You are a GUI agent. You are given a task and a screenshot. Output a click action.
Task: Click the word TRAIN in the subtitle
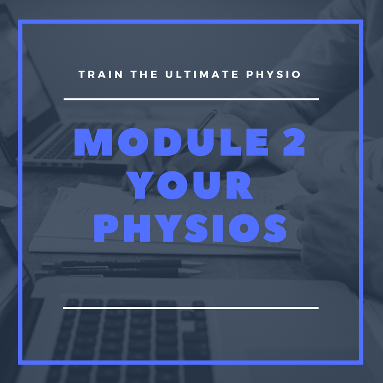coord(101,74)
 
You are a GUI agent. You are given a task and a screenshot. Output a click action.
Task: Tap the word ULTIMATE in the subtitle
coord(202,74)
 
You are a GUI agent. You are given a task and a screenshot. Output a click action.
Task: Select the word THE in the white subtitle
coord(144,74)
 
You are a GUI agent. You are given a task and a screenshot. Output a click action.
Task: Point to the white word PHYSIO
coord(273,74)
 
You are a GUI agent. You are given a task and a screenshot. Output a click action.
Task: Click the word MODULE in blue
coord(171,142)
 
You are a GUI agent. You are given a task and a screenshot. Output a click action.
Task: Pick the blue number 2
coord(294,142)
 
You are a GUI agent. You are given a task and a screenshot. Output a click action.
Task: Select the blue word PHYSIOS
coord(191,228)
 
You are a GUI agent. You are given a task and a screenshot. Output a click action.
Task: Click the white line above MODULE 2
coord(191,99)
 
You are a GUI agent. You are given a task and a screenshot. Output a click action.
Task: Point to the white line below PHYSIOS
coord(191,308)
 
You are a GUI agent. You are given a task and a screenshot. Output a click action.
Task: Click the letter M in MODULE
coord(93,142)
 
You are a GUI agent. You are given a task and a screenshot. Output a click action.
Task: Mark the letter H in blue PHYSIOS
coord(137,228)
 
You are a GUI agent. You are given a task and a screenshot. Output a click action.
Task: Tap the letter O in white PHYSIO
coord(296,74)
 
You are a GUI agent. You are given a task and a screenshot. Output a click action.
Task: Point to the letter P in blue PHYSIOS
coord(106,228)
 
